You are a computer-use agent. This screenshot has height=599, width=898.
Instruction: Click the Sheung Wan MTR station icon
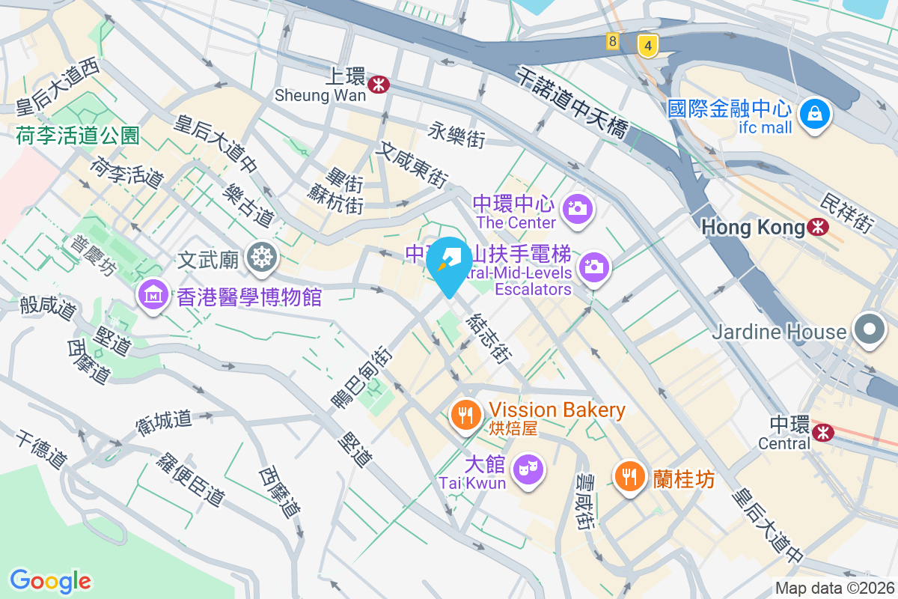(379, 83)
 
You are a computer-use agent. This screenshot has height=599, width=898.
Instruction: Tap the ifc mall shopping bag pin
(812, 115)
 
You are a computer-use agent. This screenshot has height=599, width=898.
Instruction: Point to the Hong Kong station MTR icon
(819, 226)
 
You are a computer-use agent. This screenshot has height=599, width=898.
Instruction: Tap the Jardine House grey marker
(869, 329)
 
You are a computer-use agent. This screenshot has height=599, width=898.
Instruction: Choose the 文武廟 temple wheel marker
(262, 258)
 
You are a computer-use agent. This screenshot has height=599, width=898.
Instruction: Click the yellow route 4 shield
(648, 46)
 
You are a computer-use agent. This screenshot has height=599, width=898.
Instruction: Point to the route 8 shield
(613, 41)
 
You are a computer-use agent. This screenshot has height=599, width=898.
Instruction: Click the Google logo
(50, 580)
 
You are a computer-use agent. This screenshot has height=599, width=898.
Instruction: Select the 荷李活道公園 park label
(78, 135)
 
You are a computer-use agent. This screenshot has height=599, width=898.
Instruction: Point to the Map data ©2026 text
(834, 588)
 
